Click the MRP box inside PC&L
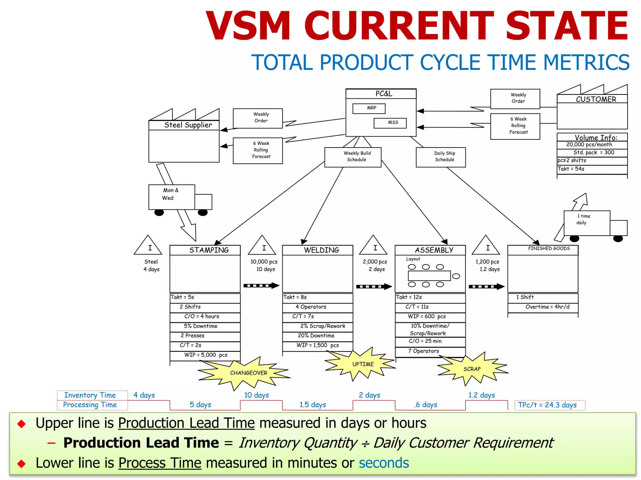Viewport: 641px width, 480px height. point(369,108)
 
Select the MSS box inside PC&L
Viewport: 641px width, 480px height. point(390,123)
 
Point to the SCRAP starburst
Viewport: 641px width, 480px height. point(472,369)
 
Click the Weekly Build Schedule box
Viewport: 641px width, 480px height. point(353,157)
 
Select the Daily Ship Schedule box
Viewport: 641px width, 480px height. point(441,157)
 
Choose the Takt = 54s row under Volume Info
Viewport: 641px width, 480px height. point(592,169)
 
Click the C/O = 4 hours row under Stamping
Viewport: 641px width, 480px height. point(205,317)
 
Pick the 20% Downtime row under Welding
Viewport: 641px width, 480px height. point(317,336)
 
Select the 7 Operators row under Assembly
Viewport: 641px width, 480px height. point(430,351)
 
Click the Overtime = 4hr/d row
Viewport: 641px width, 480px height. point(543,307)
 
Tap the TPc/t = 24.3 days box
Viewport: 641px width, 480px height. point(549,405)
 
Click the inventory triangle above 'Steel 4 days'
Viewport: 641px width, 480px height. point(148,246)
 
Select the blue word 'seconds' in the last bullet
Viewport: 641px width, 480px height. point(384,463)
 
